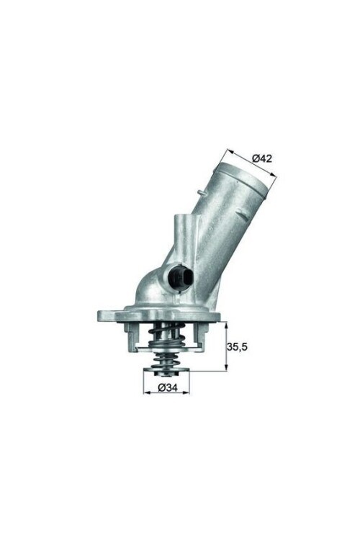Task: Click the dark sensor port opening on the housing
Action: click(x=179, y=277)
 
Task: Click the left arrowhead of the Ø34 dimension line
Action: click(x=145, y=389)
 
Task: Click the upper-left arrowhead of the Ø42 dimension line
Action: click(x=229, y=151)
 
